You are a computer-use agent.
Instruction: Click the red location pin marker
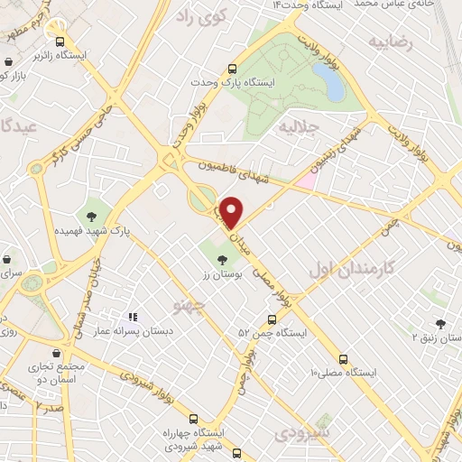232,212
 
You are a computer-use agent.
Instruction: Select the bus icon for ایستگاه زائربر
60,42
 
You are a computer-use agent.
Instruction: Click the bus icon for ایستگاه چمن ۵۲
272,319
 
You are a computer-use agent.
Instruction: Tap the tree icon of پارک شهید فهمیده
91,215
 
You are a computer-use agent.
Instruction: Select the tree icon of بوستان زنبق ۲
439,323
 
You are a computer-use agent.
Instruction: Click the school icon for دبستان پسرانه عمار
133,318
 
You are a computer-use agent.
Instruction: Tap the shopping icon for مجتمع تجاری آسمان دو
57,353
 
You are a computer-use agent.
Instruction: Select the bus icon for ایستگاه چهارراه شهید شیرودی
193,418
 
